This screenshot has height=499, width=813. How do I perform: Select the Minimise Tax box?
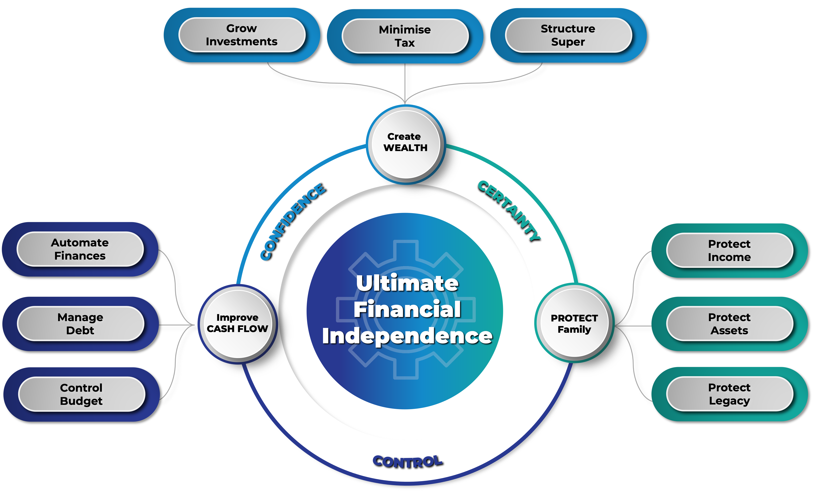(x=405, y=36)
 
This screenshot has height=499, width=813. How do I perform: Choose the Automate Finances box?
(x=80, y=249)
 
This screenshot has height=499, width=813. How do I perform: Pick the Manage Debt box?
(x=80, y=324)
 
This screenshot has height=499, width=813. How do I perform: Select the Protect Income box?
(x=729, y=251)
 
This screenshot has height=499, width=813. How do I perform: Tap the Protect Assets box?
(x=729, y=324)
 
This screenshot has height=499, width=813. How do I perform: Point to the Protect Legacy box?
(x=729, y=394)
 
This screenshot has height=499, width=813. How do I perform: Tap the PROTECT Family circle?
(x=574, y=324)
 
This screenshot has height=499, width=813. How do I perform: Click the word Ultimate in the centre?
(x=407, y=283)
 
